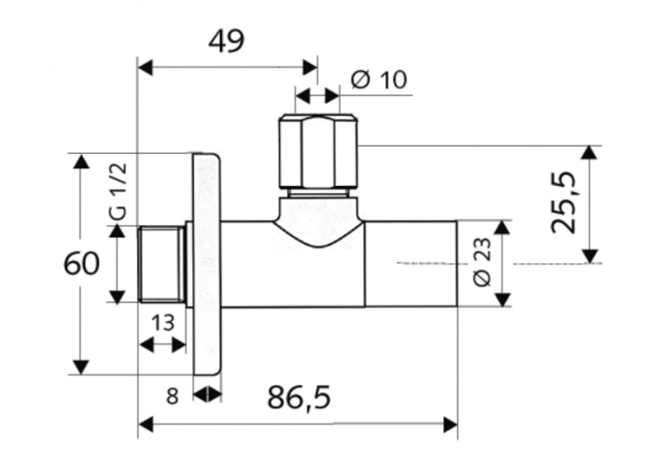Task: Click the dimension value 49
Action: pos(226,41)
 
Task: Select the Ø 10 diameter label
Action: pos(380,79)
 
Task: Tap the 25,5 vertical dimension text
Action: pos(563,203)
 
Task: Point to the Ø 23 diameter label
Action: pos(482,262)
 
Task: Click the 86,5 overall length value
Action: pos(299,398)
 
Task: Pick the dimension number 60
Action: pos(81,263)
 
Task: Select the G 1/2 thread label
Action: pos(118,191)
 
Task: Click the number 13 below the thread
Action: pos(163,323)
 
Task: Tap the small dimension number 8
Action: pos(172,397)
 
